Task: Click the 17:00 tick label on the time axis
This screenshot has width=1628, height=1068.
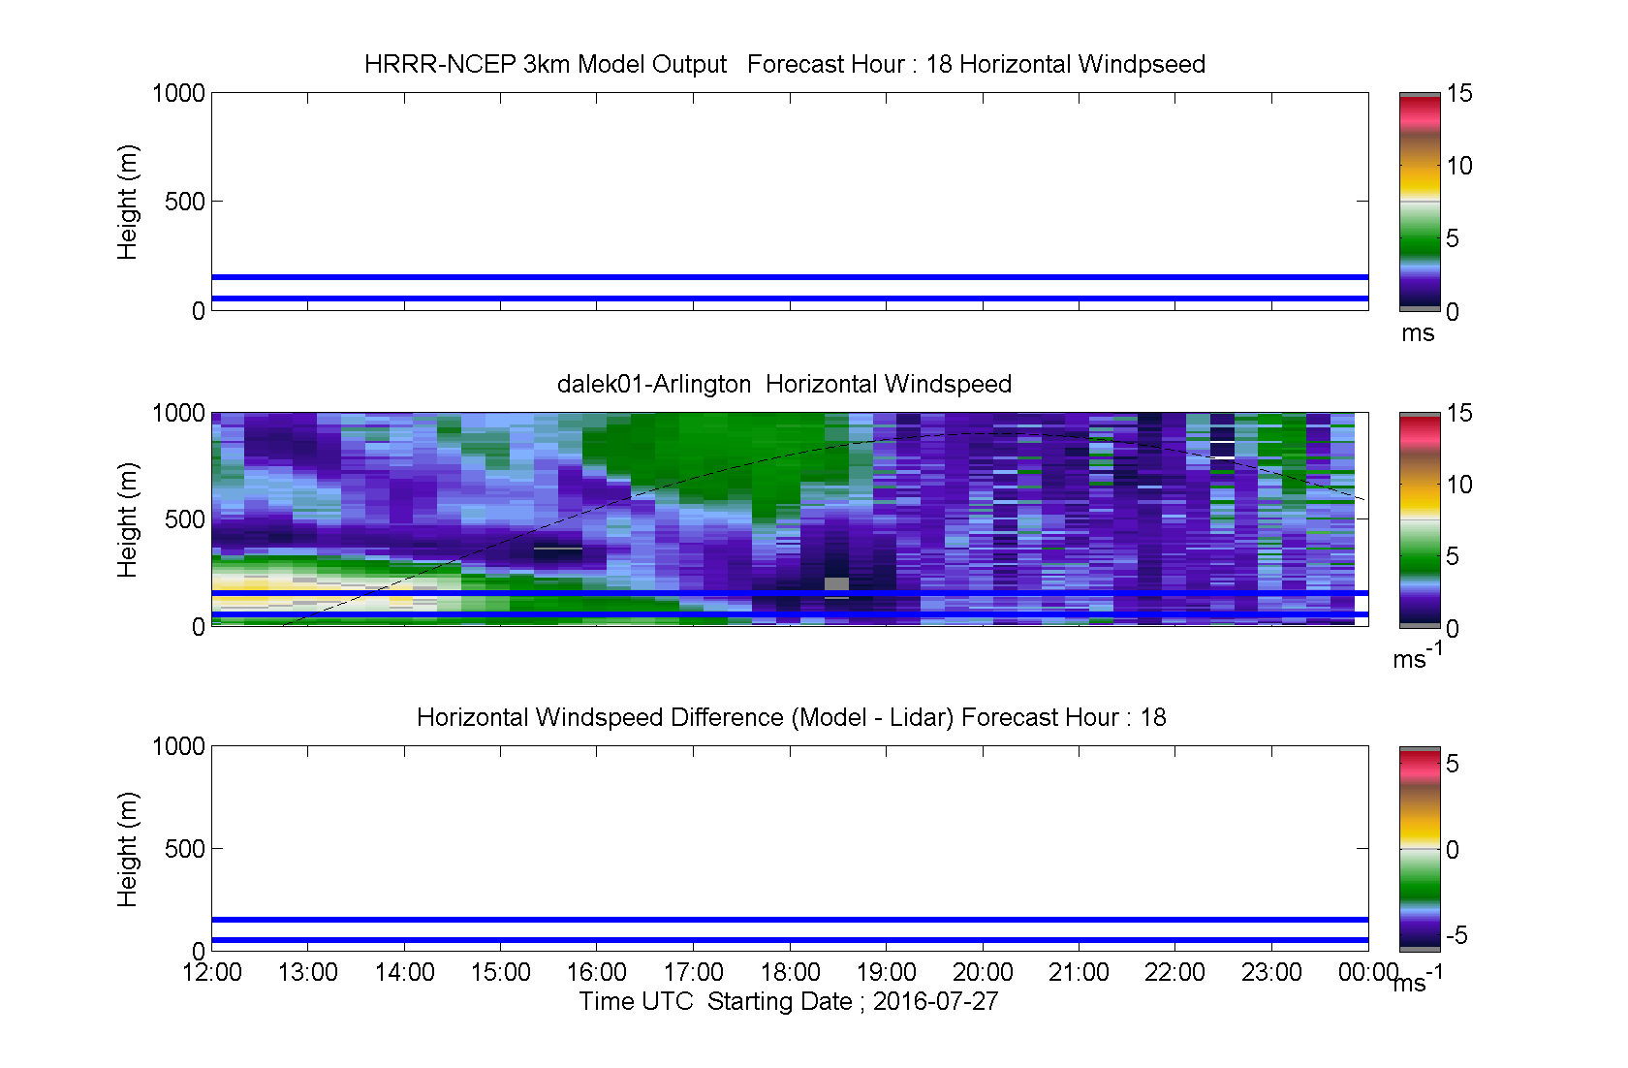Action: pos(693,972)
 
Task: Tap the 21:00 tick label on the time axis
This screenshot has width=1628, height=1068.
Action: pos(1079,972)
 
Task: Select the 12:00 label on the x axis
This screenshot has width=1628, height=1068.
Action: pos(211,972)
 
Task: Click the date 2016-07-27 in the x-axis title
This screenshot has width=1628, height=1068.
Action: pos(935,1001)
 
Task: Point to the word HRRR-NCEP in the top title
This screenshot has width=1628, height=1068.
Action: pos(440,64)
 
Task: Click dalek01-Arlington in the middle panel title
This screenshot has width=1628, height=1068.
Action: pos(654,383)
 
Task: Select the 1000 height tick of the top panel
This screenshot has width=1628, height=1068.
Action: pos(178,93)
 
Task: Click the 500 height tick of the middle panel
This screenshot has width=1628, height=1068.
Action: pos(184,519)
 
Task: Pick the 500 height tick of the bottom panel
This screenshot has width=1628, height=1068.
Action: pos(184,848)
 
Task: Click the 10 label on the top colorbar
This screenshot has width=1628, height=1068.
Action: pos(1459,166)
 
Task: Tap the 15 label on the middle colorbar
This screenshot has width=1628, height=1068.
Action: pos(1459,413)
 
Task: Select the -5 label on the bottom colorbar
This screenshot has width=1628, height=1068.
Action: pos(1456,934)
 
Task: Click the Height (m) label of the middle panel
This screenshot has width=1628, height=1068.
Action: pos(127,519)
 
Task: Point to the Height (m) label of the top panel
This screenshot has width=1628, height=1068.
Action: pos(127,203)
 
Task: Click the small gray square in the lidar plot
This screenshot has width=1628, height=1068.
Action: pos(836,583)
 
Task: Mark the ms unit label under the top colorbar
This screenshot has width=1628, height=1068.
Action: pos(1417,333)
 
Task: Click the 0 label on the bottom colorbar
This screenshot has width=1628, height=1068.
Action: pos(1452,849)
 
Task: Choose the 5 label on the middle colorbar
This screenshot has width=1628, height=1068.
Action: pos(1452,556)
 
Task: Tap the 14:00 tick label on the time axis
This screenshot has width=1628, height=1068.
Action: pos(404,972)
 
